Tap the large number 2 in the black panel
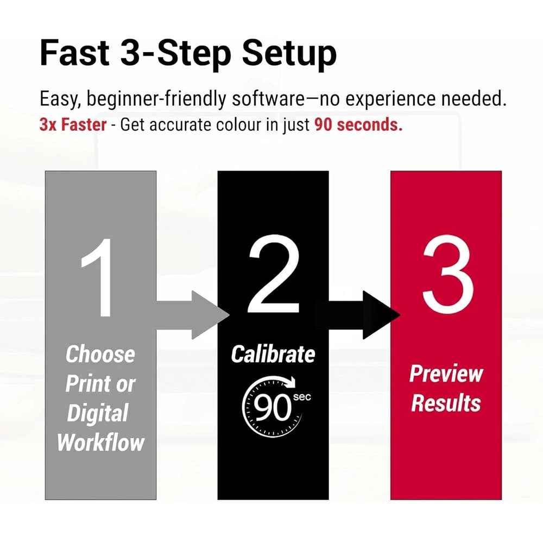point(274,274)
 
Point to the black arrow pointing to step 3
point(364,315)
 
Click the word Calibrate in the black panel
point(273,354)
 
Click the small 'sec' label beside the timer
point(302,397)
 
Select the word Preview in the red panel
point(446,375)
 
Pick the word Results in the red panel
point(446,403)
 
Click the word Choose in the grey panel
point(100,354)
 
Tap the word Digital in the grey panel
point(98,413)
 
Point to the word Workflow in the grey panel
point(100,442)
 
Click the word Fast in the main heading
point(74,53)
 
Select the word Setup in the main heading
point(289,55)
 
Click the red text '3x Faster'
point(73,125)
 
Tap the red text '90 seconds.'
point(358,125)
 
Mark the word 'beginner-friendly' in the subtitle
point(156,99)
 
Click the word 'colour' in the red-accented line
point(239,125)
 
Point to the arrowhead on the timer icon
point(291,382)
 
